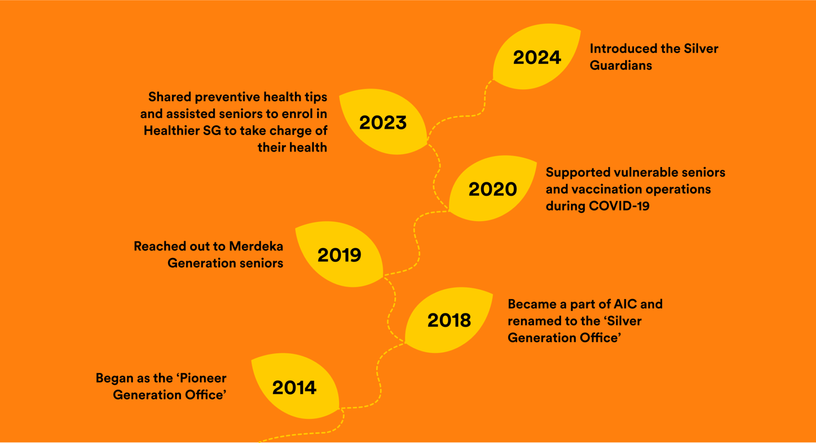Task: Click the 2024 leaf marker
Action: pos(537,57)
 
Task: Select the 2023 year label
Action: pos(383,122)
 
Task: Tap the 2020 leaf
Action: pos(493,188)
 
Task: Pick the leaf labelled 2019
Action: pos(339,255)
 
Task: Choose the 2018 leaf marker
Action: pos(449,320)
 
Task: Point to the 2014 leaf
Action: pos(294,387)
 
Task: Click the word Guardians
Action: pos(621,65)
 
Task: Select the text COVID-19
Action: pos(619,206)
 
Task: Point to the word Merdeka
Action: pos(256,246)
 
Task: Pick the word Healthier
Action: pos(172,131)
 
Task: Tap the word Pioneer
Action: pos(204,378)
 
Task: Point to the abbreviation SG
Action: pos(212,131)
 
